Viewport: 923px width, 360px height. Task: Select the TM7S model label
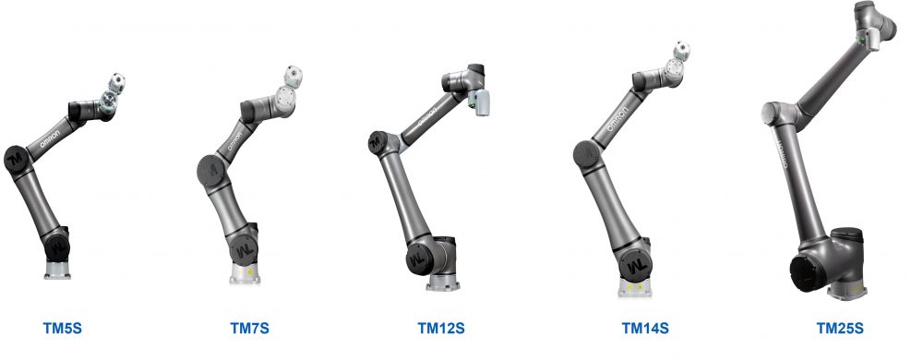(249, 328)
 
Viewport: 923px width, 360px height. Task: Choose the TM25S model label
(840, 328)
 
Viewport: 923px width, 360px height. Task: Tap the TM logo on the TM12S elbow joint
(377, 141)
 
